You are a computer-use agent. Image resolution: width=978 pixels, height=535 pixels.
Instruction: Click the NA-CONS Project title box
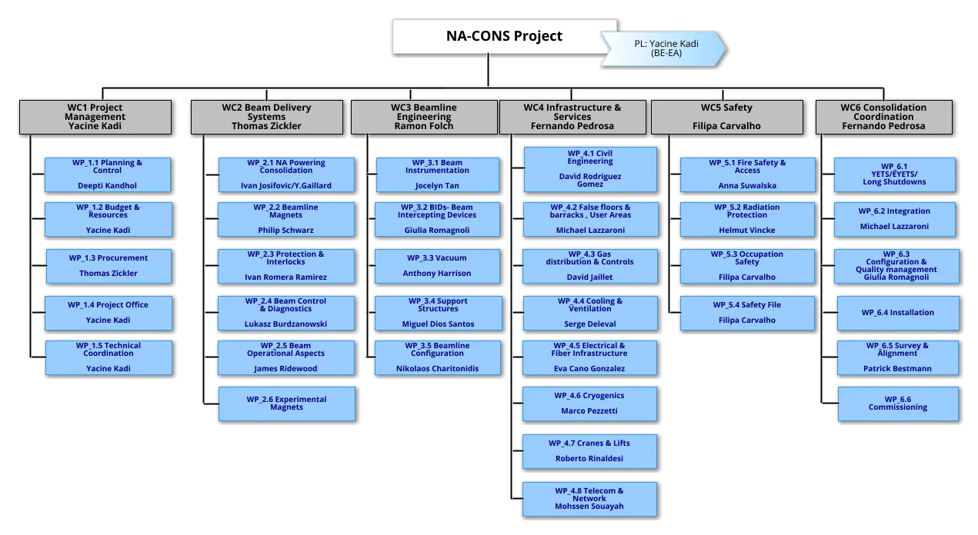(x=504, y=36)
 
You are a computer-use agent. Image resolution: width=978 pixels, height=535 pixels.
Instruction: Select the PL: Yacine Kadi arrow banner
(x=663, y=48)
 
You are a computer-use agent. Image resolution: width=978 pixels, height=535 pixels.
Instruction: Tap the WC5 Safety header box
(x=727, y=117)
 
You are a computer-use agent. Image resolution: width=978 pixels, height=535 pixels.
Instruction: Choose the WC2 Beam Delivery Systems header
(x=267, y=117)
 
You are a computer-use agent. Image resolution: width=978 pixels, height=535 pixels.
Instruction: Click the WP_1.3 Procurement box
(x=108, y=266)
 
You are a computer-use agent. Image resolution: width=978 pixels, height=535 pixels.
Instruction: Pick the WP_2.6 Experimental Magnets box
(x=287, y=404)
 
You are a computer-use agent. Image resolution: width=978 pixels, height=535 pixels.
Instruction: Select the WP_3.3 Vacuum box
(x=437, y=266)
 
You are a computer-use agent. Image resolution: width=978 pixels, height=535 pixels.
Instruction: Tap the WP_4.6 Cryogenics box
(x=589, y=404)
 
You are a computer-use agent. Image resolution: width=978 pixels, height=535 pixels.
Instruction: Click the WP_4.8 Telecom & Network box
(x=589, y=499)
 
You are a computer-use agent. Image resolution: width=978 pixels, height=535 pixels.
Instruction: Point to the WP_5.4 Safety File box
(x=747, y=313)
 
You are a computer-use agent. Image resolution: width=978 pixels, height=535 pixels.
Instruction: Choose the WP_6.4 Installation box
(x=898, y=313)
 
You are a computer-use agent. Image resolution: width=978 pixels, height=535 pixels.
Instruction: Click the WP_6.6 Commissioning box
(x=898, y=404)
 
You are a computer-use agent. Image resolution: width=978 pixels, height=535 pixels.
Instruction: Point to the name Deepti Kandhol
(x=108, y=186)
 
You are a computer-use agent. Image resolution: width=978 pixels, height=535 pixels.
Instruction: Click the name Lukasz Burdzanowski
(x=285, y=324)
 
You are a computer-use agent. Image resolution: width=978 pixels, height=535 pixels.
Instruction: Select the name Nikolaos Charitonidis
(x=437, y=368)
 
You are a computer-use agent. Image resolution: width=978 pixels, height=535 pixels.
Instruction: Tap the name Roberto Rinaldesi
(x=589, y=459)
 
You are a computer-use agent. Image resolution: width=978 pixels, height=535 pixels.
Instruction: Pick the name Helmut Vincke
(x=747, y=231)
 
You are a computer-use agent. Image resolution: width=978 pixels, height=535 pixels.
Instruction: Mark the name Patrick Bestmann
(x=897, y=368)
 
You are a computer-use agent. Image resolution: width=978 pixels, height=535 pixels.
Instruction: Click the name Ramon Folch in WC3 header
(x=424, y=126)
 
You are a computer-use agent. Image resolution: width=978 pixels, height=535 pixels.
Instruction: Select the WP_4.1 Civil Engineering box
(x=590, y=169)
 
